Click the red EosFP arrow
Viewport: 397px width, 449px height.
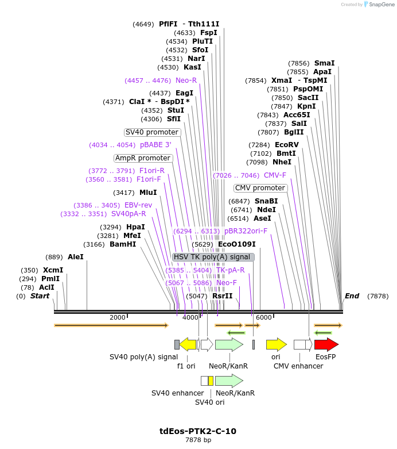326,344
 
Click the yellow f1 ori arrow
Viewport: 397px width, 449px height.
188,344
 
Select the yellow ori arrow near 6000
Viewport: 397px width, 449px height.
276,344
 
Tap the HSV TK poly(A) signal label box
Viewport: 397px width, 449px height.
213,257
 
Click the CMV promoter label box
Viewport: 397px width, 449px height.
260,188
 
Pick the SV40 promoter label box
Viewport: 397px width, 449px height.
152,132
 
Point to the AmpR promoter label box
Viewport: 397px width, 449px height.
143,158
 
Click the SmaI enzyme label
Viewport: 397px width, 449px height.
324,63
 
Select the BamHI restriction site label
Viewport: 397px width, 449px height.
123,244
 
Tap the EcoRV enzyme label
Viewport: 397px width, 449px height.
286,145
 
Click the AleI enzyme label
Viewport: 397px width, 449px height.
75,257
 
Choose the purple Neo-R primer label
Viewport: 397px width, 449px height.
186,80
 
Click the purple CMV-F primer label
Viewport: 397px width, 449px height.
275,175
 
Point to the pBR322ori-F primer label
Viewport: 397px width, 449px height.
246,231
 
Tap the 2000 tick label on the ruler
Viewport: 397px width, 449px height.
117,317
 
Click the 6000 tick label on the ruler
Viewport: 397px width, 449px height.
263,317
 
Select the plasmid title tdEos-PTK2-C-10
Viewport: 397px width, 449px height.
198,431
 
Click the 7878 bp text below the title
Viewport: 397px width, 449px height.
198,440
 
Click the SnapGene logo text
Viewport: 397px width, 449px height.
381,5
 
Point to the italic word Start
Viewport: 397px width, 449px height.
40,296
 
